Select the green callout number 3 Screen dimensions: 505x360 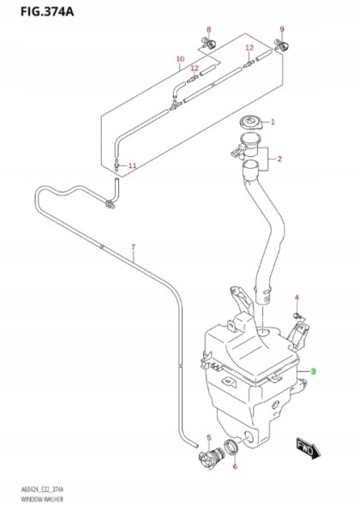click(x=314, y=370)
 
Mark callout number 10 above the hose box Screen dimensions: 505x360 click(x=180, y=59)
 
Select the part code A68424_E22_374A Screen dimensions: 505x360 click(x=39, y=488)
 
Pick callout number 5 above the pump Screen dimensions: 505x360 click(x=208, y=437)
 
